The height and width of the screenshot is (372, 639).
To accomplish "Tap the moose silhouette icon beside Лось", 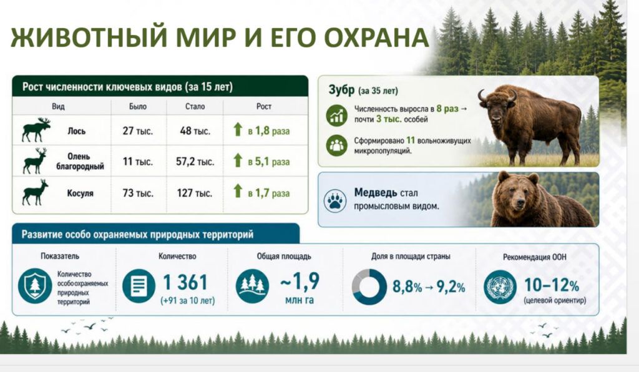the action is [36, 130].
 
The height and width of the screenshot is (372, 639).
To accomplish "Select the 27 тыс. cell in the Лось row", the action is [138, 131].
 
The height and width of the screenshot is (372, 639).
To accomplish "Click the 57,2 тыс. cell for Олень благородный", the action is [195, 162].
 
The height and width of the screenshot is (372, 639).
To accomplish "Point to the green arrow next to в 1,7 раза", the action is [238, 191].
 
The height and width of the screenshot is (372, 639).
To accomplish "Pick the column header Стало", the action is [195, 106].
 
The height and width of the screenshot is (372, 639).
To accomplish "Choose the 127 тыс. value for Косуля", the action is [195, 193].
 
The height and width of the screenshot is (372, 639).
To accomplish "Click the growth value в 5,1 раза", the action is [268, 162].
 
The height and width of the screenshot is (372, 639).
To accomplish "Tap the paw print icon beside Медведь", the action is [335, 200].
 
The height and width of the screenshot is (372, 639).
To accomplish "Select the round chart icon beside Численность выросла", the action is [336, 115].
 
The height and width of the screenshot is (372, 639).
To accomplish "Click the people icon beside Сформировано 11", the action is [336, 145].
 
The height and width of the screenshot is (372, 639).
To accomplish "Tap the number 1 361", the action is [185, 282].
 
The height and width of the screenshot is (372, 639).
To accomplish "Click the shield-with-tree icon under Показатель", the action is [35, 286].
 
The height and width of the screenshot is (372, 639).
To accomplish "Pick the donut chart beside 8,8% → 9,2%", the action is [369, 287].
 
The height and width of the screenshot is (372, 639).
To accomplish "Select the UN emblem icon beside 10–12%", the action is [500, 287].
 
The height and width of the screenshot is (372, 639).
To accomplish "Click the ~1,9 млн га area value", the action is [300, 288].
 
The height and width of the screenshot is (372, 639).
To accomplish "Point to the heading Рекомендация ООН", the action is [534, 257].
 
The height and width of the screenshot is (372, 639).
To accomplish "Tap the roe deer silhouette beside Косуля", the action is [35, 192].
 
